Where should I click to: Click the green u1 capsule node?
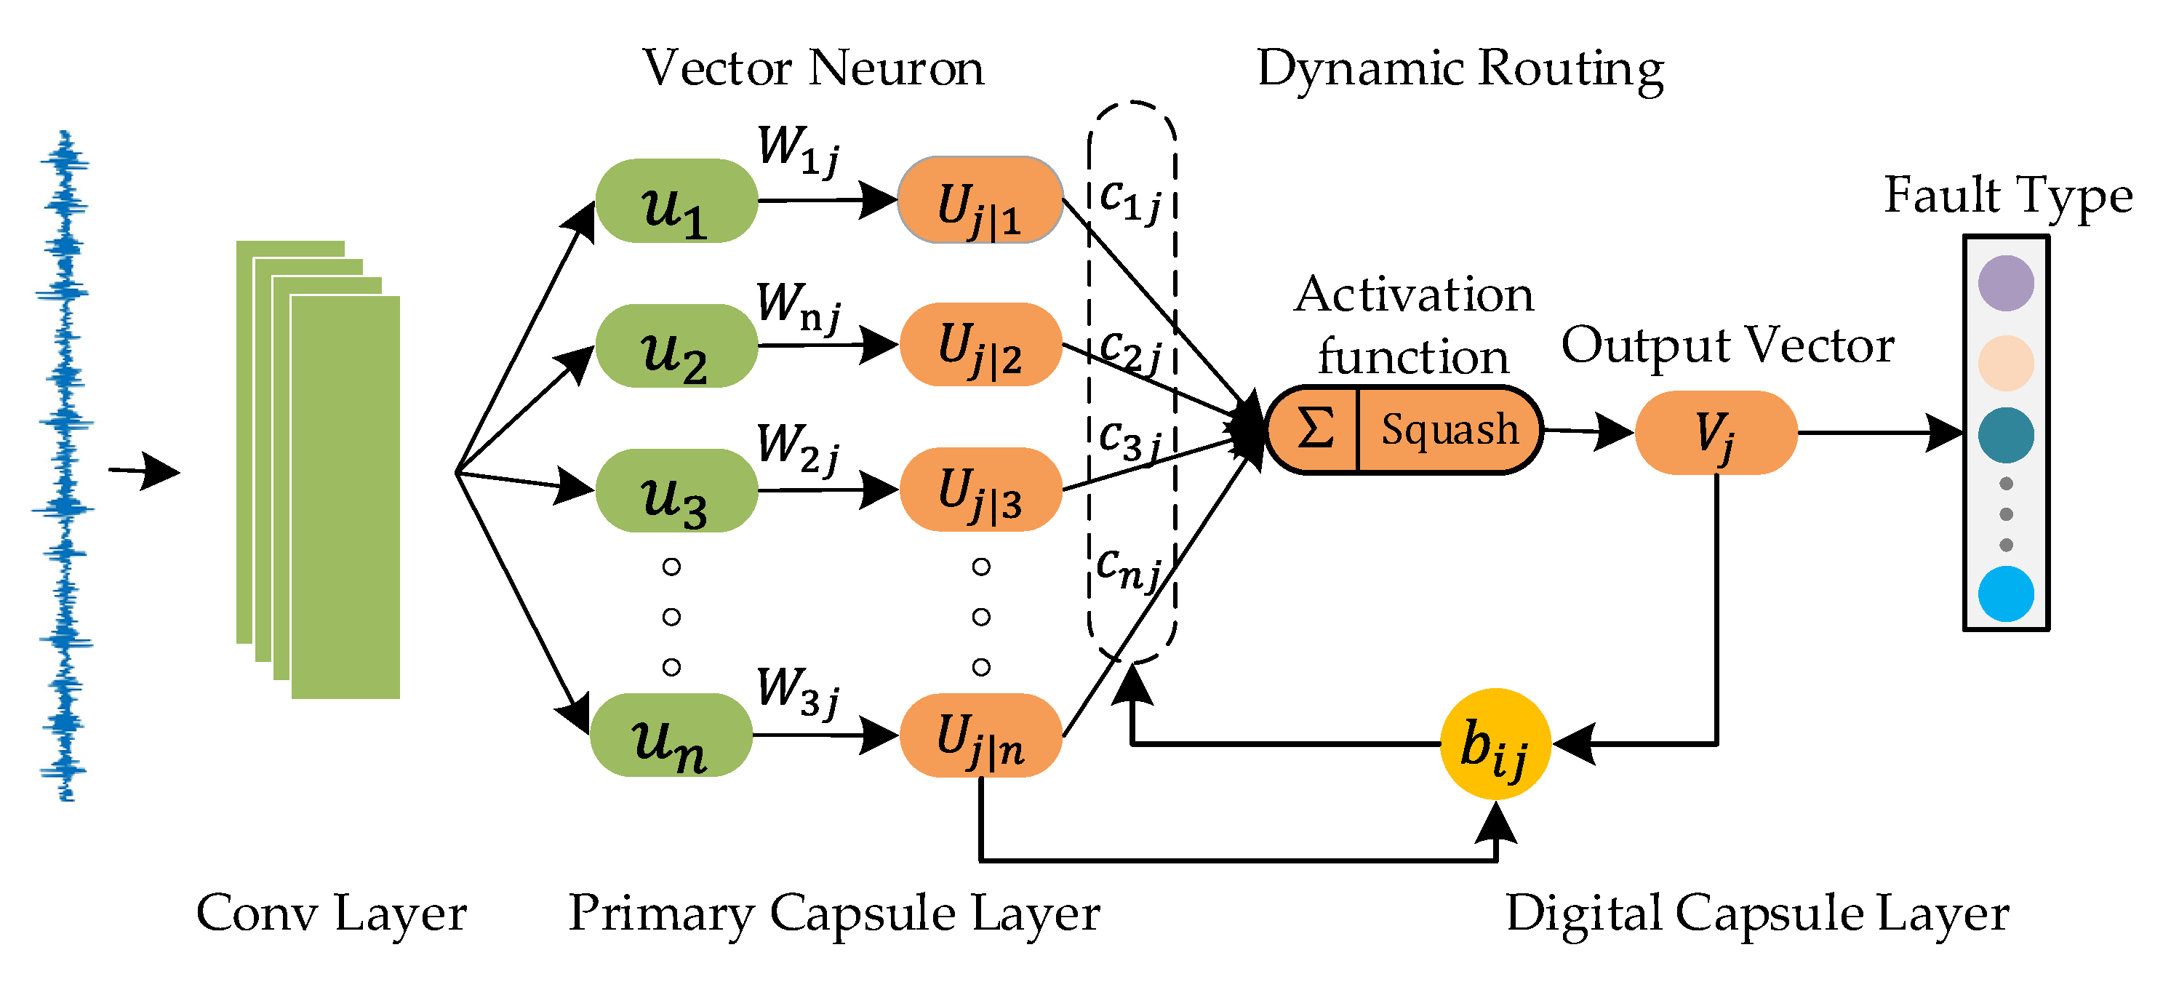[x=676, y=201]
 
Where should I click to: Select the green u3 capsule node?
[x=676, y=490]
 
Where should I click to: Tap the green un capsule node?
[x=671, y=735]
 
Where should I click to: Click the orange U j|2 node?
[x=980, y=345]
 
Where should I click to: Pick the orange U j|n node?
[x=980, y=735]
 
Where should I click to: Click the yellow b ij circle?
[x=1496, y=744]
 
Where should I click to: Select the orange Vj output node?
[x=1716, y=432]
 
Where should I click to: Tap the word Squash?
[x=1450, y=430]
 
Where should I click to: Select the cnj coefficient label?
[x=1130, y=568]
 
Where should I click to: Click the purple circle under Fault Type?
[x=2006, y=283]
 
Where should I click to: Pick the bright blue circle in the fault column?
[x=2006, y=593]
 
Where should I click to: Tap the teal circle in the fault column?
[x=2006, y=435]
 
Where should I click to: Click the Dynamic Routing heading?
[x=1460, y=68]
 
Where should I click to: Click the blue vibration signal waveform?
[x=63, y=465]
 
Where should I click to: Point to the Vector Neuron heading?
[x=813, y=68]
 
